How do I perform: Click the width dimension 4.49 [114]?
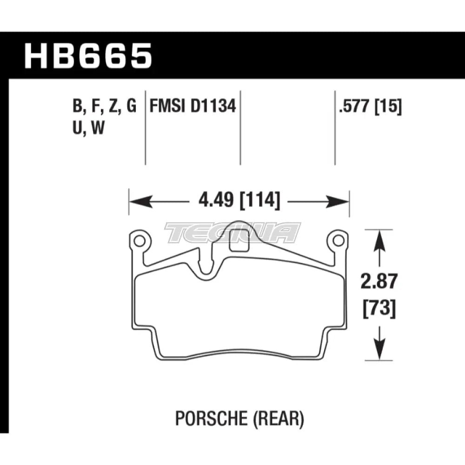(239, 202)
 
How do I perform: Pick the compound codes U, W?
(88, 128)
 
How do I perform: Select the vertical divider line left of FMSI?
(146, 126)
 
